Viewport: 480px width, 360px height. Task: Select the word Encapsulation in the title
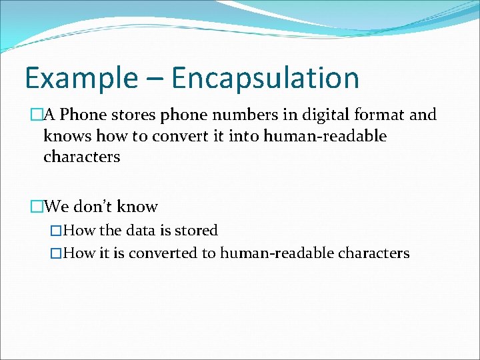(265, 79)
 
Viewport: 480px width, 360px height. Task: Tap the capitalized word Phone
(84, 115)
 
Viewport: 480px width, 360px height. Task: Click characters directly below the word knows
(81, 157)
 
